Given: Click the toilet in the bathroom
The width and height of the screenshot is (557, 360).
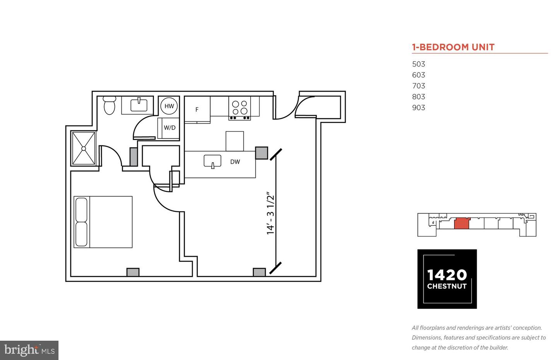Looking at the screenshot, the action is [x=109, y=106].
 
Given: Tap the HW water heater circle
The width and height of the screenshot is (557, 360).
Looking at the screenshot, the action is [x=169, y=106].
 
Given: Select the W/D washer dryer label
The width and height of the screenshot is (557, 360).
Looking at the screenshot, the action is [x=169, y=128].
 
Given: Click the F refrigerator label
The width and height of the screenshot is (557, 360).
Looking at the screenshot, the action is [x=197, y=109].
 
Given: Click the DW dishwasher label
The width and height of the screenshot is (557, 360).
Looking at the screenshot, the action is [x=235, y=162].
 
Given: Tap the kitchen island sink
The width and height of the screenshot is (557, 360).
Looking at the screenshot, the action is [x=212, y=161].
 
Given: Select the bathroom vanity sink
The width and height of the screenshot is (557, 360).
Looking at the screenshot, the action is [x=139, y=105].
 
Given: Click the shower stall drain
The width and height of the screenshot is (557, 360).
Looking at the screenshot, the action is [x=84, y=148].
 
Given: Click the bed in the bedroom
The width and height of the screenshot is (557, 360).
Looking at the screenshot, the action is [x=103, y=222].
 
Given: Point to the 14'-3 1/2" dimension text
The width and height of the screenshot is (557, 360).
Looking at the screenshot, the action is [x=270, y=213].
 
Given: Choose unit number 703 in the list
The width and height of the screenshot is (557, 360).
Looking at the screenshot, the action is [x=419, y=86].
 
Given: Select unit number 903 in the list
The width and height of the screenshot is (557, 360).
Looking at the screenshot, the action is [x=419, y=107].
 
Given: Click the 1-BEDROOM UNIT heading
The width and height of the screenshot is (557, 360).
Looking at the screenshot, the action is [x=453, y=47].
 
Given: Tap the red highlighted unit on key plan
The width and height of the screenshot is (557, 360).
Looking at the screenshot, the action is [x=461, y=223].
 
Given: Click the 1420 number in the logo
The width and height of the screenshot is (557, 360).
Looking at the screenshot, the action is [x=447, y=275].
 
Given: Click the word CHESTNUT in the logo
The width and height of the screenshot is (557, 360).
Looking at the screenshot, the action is [x=447, y=287].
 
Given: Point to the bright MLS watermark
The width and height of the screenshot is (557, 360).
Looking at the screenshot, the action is [x=29, y=350].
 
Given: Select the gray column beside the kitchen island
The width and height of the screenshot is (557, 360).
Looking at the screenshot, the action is [x=261, y=153].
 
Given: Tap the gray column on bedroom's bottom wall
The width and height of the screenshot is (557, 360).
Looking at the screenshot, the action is [x=133, y=272].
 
